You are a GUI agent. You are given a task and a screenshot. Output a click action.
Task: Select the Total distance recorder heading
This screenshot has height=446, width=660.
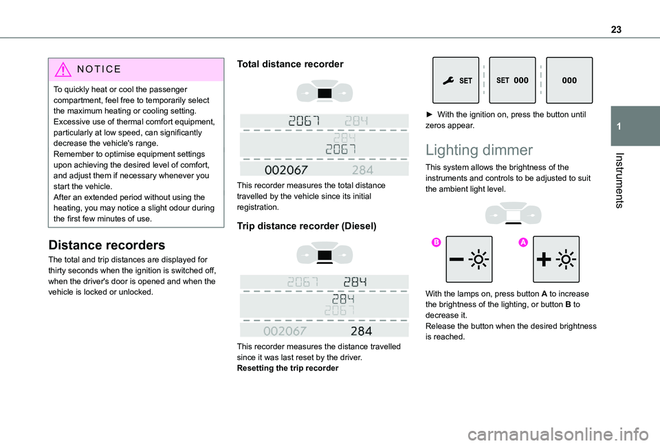point(290,64)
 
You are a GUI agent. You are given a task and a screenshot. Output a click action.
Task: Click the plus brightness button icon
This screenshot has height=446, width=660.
point(556,259)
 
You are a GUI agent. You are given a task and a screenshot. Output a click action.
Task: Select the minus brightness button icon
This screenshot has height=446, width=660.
point(469,259)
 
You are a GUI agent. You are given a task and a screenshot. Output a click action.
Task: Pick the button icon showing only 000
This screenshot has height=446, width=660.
point(569,80)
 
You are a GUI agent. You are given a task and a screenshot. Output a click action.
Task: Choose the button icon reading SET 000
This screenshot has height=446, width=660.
point(513,80)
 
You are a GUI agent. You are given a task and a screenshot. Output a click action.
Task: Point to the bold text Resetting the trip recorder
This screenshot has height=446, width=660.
point(287,369)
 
